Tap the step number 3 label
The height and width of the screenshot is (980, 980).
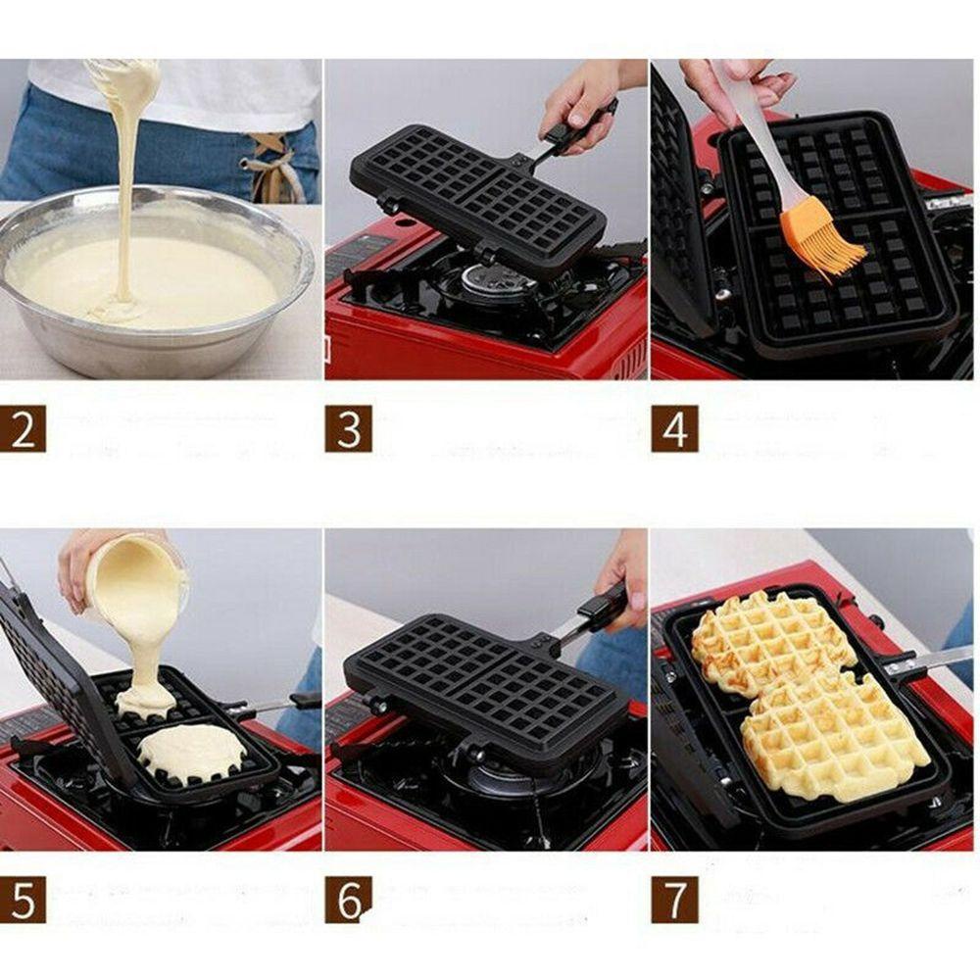tap(348, 428)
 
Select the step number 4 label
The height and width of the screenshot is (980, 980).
tap(674, 428)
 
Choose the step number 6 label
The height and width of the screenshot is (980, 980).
tap(348, 899)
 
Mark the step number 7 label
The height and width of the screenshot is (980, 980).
tap(674, 899)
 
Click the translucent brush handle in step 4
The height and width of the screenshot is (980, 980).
tap(755, 137)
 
